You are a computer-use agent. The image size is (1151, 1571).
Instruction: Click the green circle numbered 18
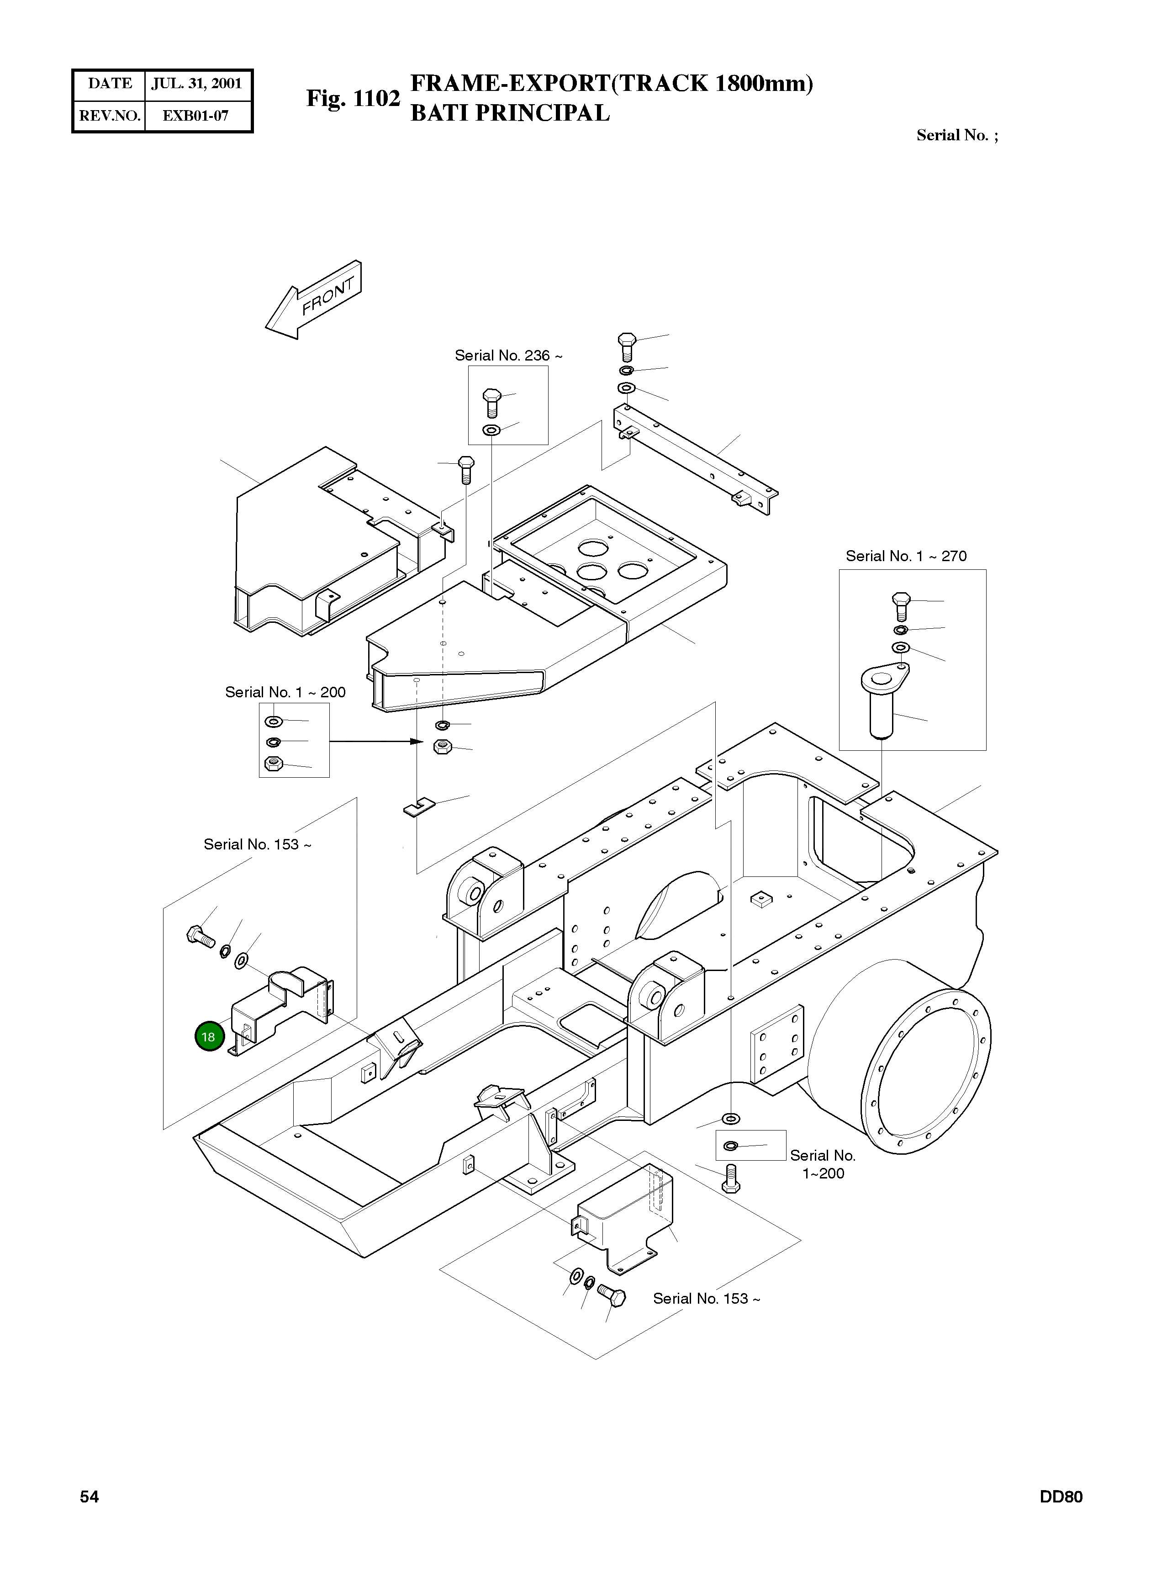click(x=208, y=1036)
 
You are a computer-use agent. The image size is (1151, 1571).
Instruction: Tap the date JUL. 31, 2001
click(x=196, y=84)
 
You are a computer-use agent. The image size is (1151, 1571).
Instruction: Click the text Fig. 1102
click(x=353, y=98)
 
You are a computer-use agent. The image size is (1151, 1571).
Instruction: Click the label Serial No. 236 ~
click(x=508, y=356)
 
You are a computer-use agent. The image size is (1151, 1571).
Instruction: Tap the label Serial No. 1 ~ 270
click(x=906, y=556)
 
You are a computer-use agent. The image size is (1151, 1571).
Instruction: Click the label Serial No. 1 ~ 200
click(x=285, y=692)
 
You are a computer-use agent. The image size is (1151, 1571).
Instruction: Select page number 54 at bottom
click(x=89, y=1497)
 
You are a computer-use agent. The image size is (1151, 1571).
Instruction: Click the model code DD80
click(x=1061, y=1497)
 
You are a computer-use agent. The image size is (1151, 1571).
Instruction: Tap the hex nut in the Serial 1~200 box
click(x=274, y=763)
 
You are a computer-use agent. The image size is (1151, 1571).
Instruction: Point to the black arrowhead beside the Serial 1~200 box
click(x=417, y=741)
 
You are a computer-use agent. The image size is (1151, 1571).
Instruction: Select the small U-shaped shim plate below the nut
click(x=419, y=807)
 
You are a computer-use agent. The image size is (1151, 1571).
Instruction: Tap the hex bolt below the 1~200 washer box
click(x=731, y=1178)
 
